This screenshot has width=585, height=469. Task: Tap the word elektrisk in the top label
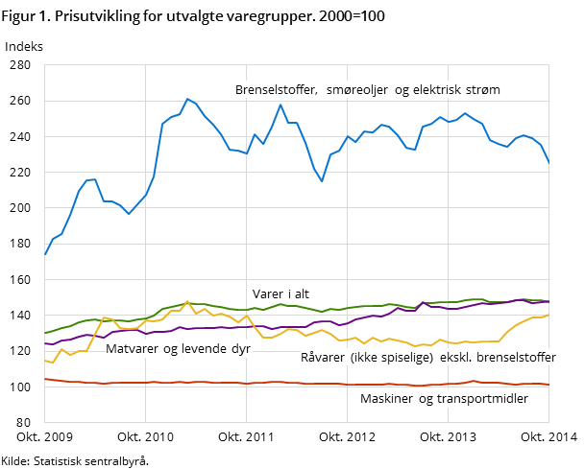(x=438, y=90)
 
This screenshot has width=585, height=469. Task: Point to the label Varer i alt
(x=280, y=294)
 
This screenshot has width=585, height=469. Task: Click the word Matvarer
(x=132, y=349)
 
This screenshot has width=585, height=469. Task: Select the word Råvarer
(x=325, y=357)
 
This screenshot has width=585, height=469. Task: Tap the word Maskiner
(x=386, y=398)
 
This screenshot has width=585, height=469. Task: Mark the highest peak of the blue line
(x=187, y=98)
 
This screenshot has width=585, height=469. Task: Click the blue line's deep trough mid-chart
(x=322, y=181)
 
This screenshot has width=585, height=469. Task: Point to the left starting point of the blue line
(x=45, y=255)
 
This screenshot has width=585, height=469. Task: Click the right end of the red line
(x=548, y=385)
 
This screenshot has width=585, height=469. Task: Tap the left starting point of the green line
(x=45, y=333)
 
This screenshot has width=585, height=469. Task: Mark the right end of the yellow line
(x=548, y=315)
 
